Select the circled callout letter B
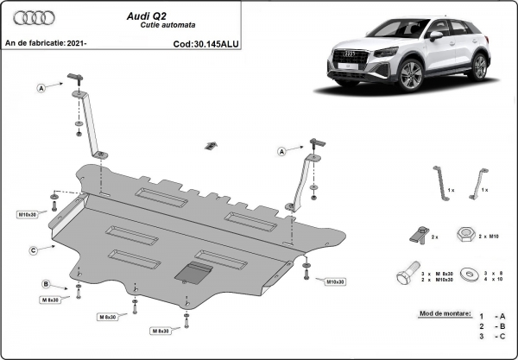tap(44, 284)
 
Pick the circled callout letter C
tap(33, 250)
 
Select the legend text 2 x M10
tap(492, 235)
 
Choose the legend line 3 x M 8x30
tap(441, 272)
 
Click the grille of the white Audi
tap(349, 66)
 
